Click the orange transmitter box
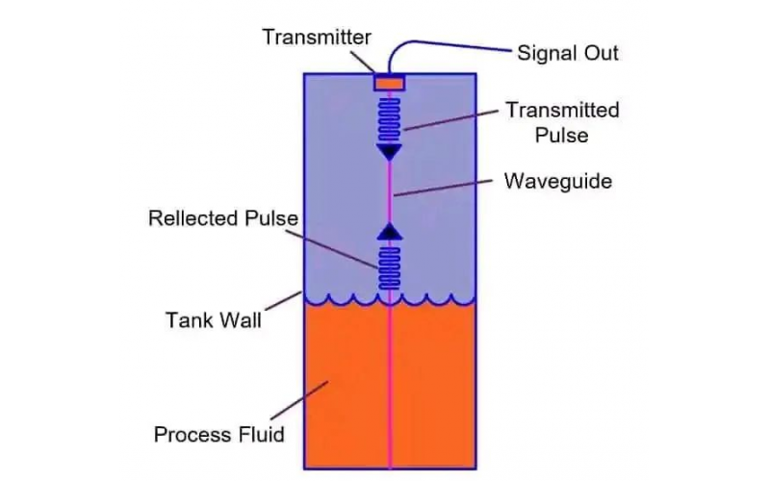click(389, 85)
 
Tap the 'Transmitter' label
click(317, 38)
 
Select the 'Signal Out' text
click(568, 52)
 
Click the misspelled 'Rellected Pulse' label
click(222, 218)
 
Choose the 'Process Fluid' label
click(219, 434)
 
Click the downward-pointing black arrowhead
click(389, 151)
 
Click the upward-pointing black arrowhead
click(389, 231)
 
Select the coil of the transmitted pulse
click(389, 120)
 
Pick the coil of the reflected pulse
click(389, 266)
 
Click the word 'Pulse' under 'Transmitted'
click(562, 135)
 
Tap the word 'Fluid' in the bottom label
click(261, 434)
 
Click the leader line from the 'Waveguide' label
click(443, 189)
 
